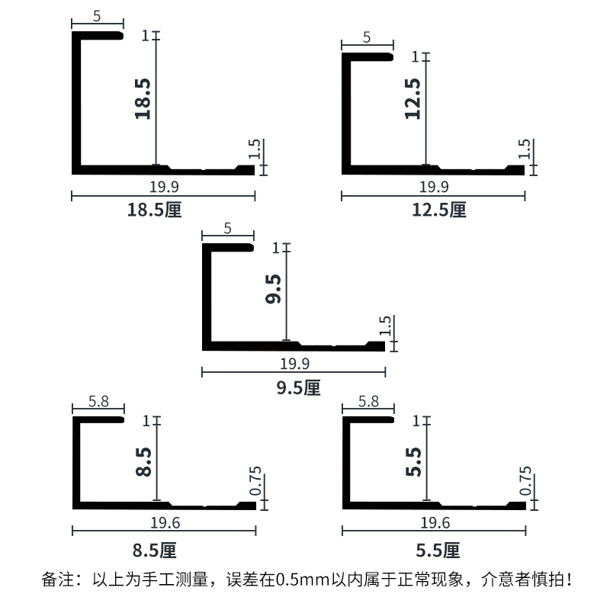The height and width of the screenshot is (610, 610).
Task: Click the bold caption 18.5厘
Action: coord(155,210)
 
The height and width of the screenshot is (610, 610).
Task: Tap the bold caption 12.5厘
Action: coord(439,210)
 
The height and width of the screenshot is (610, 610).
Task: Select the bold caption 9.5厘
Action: coord(298,388)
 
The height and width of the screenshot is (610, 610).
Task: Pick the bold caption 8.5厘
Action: coord(155,551)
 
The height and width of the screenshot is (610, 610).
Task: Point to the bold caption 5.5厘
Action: coord(438,551)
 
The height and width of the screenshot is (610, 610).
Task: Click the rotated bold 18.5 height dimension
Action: coord(143,99)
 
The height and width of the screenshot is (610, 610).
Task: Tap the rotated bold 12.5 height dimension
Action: coord(413,99)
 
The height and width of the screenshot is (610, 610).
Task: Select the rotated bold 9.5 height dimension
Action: coord(273,289)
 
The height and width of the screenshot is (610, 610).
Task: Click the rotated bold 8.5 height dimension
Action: coord(143,462)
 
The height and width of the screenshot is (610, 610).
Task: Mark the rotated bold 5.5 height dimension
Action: coord(413,462)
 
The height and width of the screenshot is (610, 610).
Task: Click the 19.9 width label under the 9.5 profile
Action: coord(295,364)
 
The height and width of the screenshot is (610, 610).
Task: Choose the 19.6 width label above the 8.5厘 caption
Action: coord(165,523)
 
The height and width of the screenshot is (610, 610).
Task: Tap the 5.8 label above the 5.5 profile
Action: coord(368,401)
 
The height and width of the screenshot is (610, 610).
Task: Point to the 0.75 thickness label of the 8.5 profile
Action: coord(255,481)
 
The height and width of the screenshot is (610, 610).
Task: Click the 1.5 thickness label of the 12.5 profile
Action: coord(525,149)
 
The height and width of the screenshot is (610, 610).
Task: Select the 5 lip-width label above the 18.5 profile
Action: coord(97,16)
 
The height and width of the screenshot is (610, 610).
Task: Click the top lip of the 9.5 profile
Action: coord(228,247)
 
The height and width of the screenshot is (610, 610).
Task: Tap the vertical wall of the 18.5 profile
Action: coord(76,103)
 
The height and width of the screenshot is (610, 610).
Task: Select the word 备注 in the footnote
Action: coord(58,579)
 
